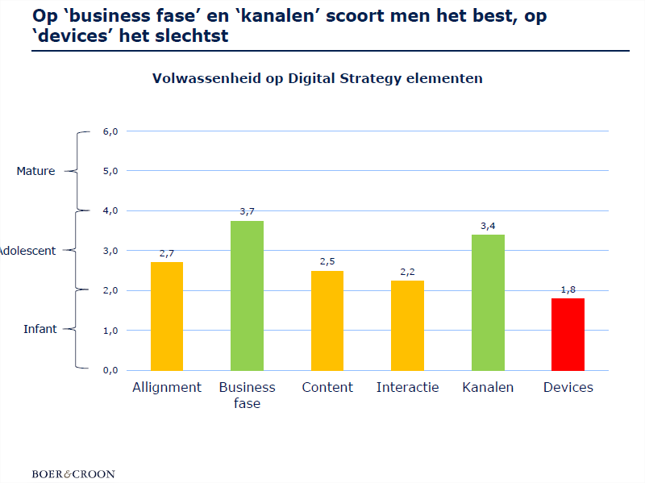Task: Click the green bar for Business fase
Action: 247,295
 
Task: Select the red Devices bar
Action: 568,334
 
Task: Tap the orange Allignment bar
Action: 167,315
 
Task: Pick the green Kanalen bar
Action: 488,302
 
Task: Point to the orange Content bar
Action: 327,320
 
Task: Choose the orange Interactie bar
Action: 407,325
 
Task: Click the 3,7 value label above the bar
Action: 247,211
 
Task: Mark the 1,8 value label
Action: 568,289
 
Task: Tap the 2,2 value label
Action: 407,272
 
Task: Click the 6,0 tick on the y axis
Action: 110,131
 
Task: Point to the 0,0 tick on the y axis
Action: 110,370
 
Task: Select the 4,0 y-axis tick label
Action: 110,210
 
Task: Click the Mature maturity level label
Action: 36,171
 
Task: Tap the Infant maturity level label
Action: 40,329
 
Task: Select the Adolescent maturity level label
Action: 27,251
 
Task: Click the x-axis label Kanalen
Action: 488,388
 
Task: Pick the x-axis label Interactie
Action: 407,388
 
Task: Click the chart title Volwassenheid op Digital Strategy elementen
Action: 318,78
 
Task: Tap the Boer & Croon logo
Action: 73,473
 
